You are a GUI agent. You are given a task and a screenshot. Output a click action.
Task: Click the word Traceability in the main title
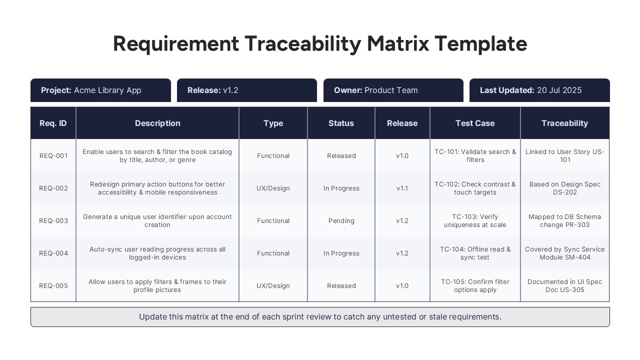click(303, 44)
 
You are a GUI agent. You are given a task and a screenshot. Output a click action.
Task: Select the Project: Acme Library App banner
click(100, 90)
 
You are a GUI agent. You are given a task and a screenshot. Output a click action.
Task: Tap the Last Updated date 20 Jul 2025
click(559, 90)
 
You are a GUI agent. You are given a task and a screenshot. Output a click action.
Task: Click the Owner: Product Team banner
click(393, 90)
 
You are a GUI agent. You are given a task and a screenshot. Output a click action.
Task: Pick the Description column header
click(157, 123)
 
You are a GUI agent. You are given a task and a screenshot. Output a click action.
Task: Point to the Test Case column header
click(475, 123)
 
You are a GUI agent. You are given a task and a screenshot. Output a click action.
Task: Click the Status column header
click(341, 123)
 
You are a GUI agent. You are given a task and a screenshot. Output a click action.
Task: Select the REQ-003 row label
click(53, 220)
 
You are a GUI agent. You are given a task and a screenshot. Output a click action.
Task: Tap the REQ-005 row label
click(53, 285)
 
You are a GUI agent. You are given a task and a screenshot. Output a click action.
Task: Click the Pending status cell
click(341, 220)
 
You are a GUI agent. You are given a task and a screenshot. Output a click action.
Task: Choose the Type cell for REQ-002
click(273, 188)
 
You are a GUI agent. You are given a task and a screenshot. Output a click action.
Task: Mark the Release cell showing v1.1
click(402, 188)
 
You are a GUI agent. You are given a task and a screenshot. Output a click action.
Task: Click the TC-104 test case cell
click(475, 253)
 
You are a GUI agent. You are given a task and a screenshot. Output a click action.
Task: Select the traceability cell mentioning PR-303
click(565, 220)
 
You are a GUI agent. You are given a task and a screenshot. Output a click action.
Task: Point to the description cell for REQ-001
click(157, 155)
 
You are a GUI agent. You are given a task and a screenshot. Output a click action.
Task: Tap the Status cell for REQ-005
click(341, 285)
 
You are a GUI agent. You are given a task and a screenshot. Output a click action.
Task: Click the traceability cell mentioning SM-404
click(565, 253)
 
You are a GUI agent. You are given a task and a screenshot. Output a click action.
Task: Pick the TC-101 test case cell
click(475, 155)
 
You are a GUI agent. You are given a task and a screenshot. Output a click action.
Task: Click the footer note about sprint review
click(320, 317)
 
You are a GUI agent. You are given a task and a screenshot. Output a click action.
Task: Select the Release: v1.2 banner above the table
click(247, 90)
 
